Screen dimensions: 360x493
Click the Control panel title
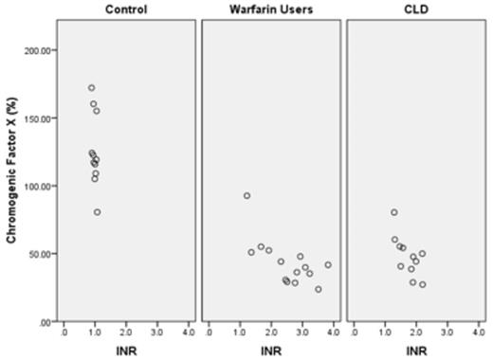point(125,10)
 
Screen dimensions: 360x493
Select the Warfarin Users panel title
point(271,10)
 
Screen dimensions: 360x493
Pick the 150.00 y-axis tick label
point(39,117)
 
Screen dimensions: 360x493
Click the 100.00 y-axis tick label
point(39,186)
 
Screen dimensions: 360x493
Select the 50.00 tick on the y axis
point(42,254)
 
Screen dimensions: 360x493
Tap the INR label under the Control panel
point(125,351)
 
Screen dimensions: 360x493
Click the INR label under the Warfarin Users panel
point(271,351)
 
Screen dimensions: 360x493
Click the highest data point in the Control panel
point(91,88)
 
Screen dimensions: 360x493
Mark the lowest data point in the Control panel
point(97,212)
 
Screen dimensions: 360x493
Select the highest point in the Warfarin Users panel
point(246,196)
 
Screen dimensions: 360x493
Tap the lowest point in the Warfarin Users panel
point(318,289)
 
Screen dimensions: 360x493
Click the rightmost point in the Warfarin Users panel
point(328,265)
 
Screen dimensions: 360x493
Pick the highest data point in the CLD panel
point(393,212)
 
